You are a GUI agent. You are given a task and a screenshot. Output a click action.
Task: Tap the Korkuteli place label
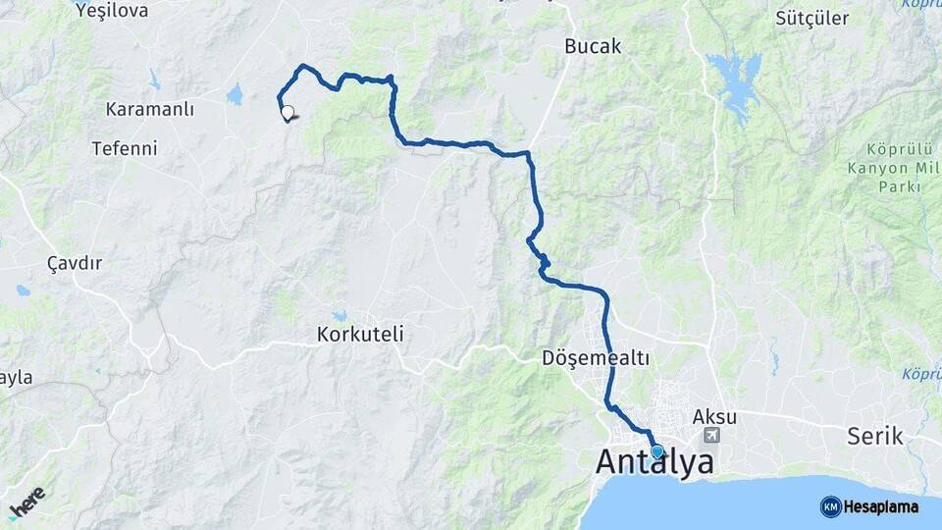coord(360,335)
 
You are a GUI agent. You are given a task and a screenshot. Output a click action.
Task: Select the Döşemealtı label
coord(596,358)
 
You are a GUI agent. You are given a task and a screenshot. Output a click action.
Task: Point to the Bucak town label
coord(593,46)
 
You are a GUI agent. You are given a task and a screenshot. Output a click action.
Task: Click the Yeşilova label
coord(112,11)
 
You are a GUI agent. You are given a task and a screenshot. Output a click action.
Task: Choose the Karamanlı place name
coord(149,109)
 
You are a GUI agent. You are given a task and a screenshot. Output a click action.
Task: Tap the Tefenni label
coord(124,149)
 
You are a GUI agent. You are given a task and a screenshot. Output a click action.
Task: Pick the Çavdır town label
coord(75,263)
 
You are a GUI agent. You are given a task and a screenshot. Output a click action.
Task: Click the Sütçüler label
coord(811,18)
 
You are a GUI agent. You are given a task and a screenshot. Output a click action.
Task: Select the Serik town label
coord(876,437)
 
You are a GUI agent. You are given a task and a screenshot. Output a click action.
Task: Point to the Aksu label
coord(714,416)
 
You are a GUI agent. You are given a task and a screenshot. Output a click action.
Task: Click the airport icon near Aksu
coord(711,435)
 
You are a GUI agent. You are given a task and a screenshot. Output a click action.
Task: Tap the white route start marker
coord(287,112)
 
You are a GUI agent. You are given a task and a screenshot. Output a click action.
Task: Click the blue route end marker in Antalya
coord(656,451)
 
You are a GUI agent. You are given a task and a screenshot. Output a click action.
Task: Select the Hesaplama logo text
coord(880,506)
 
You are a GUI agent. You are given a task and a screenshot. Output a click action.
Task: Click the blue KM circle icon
coord(830,506)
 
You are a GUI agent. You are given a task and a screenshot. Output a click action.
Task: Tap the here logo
coord(26,502)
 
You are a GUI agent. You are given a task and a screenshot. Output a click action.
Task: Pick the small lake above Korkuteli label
coord(340,316)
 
